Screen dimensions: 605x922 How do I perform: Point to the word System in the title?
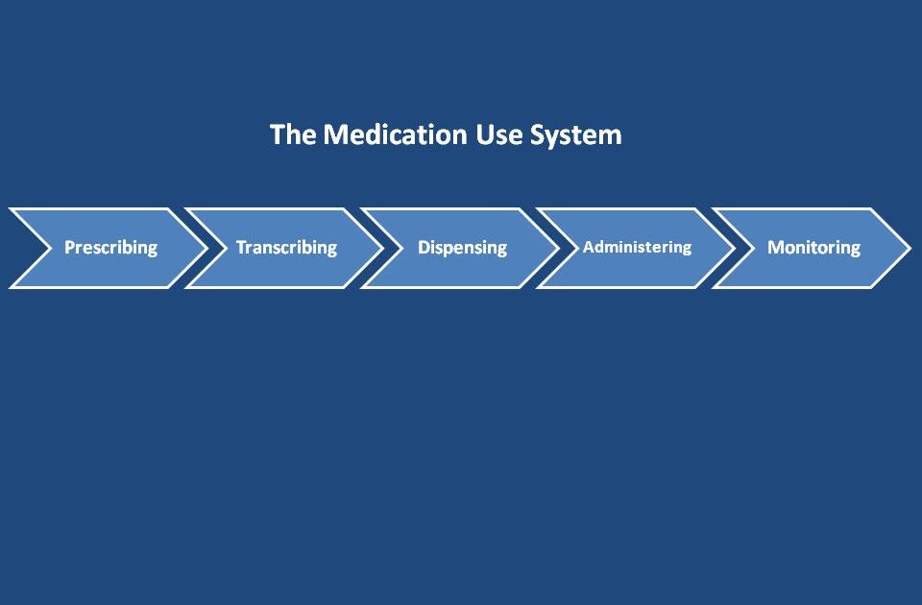(x=576, y=135)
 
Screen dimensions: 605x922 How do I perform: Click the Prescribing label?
(x=110, y=248)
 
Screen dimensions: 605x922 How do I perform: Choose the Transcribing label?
(x=286, y=248)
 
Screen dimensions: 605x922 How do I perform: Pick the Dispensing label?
(x=462, y=248)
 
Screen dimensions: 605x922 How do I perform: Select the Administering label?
(x=637, y=247)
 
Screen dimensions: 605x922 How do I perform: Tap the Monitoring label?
(x=813, y=248)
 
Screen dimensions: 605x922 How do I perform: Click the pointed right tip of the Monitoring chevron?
(x=908, y=248)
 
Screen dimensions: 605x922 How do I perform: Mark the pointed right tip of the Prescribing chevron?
(x=204, y=248)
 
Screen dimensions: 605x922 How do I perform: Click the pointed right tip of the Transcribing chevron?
(x=380, y=248)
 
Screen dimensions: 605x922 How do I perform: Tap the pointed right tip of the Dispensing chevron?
(x=556, y=248)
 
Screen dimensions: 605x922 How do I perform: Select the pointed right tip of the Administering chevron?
(x=733, y=248)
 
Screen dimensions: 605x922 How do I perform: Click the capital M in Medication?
(x=333, y=134)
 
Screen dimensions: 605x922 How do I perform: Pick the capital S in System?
(x=538, y=134)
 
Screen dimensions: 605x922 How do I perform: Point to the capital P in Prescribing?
(x=69, y=248)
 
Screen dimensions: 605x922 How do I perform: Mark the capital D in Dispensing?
(x=424, y=248)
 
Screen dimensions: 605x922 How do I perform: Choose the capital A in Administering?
(x=588, y=247)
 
